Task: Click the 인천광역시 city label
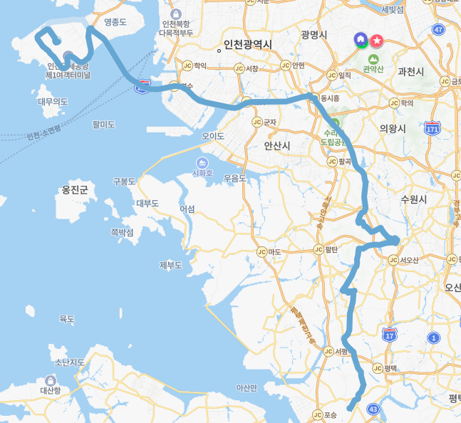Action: (247, 45)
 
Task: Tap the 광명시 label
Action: (314, 34)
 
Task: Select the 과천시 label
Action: (411, 71)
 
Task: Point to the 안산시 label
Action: (277, 145)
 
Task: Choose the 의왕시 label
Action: (392, 128)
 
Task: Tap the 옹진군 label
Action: (75, 189)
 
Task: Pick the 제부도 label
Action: (171, 266)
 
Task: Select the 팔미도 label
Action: (103, 124)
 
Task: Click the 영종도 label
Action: (115, 22)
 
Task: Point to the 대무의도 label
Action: (53, 102)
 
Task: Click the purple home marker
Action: (361, 38)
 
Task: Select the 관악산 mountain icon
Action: (373, 58)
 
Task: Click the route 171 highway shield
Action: (432, 128)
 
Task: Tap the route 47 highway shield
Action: (437, 29)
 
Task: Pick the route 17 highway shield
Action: (389, 335)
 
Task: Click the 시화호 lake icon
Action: (202, 162)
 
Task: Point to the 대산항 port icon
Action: (50, 380)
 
